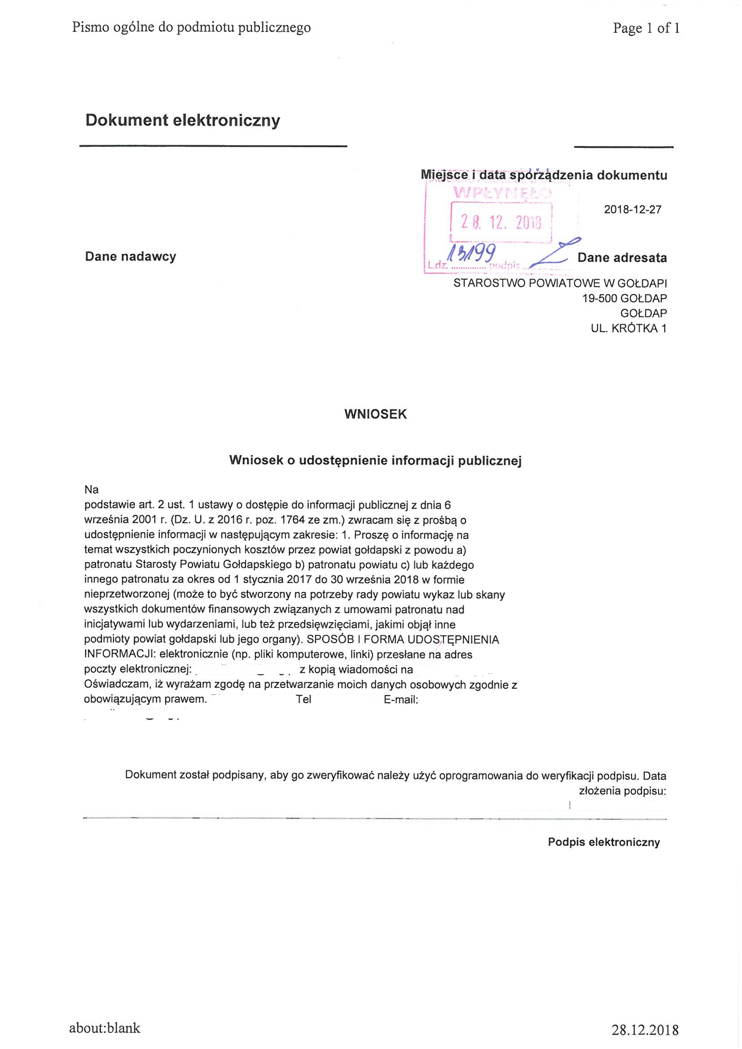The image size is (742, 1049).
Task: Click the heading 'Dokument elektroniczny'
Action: pos(183,121)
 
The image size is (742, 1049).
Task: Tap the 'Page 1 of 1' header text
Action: pos(646,28)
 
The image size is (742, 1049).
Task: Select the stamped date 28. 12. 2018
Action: pos(501,223)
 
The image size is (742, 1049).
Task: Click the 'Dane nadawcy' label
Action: pos(131,257)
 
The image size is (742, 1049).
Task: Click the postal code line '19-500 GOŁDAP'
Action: pos(624,298)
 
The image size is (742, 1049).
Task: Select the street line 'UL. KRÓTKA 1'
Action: pos(628,328)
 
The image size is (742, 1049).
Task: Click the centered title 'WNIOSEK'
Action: pos(375,414)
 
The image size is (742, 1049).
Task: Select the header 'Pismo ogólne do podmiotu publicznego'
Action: pos(191,28)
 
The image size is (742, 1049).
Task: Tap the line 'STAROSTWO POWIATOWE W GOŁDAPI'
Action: pos(560,283)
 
